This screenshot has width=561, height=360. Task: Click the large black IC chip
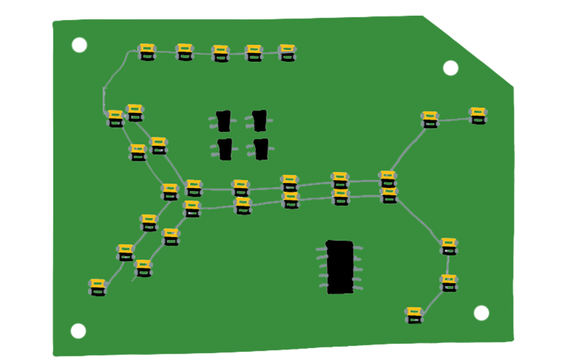[340, 267]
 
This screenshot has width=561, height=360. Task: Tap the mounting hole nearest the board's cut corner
[450, 68]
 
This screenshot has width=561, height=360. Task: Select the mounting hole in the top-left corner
[79, 45]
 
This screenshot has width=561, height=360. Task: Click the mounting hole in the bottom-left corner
[78, 331]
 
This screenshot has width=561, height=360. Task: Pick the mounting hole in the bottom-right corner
[481, 313]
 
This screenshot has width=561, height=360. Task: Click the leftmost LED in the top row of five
[146, 52]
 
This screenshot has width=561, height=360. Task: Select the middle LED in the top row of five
[220, 54]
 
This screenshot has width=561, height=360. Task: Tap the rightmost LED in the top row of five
[287, 53]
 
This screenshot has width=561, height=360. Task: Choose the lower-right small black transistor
[261, 149]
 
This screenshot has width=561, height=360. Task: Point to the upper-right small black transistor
[259, 120]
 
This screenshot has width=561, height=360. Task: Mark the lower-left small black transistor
[224, 149]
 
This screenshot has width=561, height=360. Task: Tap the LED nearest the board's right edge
[477, 116]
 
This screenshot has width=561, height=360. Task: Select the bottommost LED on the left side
[97, 287]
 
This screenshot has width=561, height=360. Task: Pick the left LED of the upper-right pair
[429, 120]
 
